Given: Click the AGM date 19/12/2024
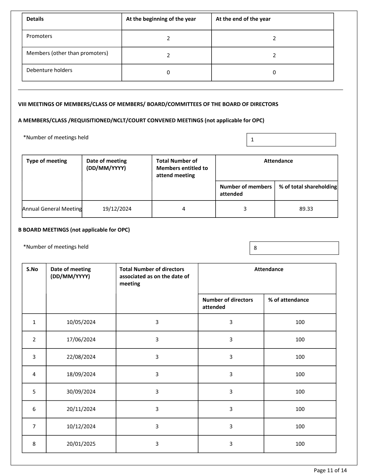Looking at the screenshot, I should pos(117,209).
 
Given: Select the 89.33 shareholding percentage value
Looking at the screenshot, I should pos(306,209).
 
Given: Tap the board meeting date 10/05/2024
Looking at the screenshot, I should pos(81,322).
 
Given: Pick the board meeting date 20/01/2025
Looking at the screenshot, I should pos(81,444).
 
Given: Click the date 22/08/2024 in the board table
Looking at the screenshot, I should pos(81,357).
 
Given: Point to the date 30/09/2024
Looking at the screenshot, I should pos(81,392).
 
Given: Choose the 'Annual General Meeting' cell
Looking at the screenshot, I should pos(52,209).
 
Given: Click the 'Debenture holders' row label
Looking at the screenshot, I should pos(49,70).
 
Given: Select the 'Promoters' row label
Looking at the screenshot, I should pos(39,36).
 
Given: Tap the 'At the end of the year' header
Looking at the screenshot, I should pos(243,19).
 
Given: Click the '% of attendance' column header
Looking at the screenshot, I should pos(288,300).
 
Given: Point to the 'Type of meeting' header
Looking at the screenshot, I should pos(46,161).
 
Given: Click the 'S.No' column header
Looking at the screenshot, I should pos(32,269).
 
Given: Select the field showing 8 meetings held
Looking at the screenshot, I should pos(294,248).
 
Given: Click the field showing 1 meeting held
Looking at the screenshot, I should pos(291,140).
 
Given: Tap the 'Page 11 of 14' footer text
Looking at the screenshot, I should pos(330,471).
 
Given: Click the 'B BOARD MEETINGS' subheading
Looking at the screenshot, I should pos(74,230).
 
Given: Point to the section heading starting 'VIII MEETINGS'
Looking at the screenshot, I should pos(148,104).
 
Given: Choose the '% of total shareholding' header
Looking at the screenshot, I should pos(308,187).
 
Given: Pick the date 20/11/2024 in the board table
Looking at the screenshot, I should pos(81,409).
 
